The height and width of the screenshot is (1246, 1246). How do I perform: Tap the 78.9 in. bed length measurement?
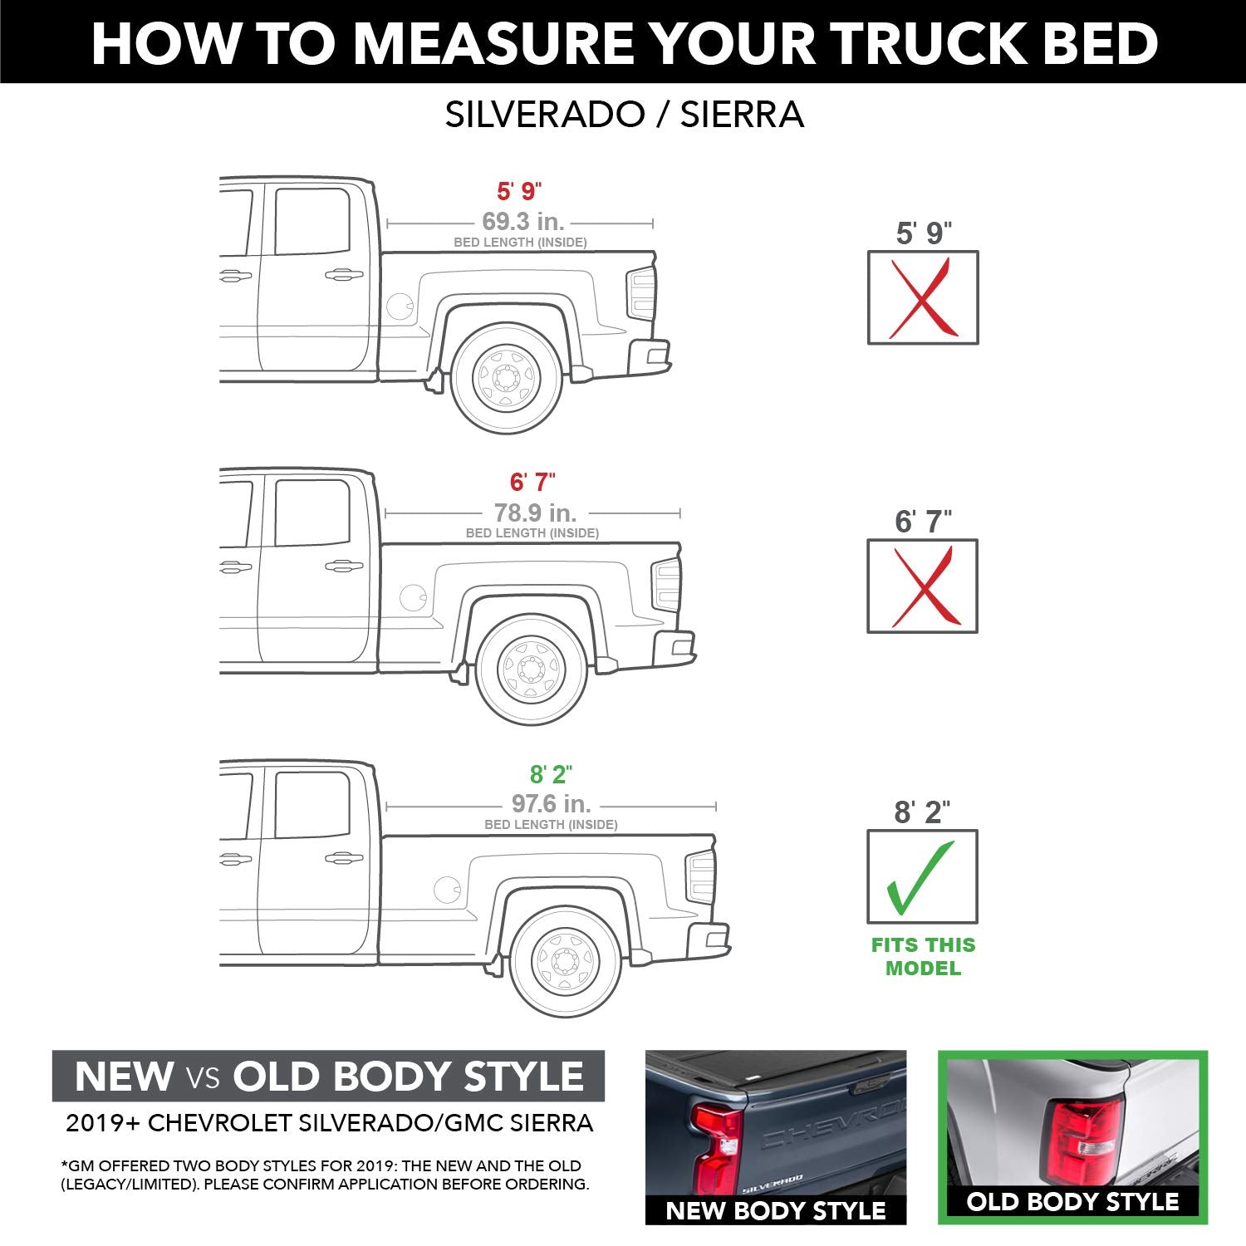(535, 513)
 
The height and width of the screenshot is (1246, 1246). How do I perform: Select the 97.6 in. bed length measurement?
(551, 804)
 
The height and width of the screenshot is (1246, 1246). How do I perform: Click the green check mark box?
(922, 876)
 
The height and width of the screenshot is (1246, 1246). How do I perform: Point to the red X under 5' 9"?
(922, 297)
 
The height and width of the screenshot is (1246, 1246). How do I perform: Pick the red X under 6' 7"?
(922, 586)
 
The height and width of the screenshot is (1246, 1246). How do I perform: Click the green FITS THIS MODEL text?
(922, 956)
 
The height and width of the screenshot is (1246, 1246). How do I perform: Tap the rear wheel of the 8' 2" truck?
(566, 961)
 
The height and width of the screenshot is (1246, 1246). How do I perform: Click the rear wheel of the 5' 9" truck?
(506, 378)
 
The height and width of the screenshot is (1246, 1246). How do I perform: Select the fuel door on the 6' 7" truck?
(413, 596)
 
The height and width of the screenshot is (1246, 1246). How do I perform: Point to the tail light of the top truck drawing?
(640, 294)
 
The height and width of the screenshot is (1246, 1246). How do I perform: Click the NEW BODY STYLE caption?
(775, 1210)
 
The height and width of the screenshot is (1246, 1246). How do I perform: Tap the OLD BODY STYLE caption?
(1072, 1202)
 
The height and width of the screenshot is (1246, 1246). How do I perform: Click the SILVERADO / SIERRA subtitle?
(624, 115)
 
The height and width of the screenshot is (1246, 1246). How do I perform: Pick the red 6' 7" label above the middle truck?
(532, 482)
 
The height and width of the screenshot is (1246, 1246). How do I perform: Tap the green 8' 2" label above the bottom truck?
(551, 774)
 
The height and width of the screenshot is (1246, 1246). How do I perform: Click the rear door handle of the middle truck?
(343, 567)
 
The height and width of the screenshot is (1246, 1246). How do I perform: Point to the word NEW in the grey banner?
(124, 1077)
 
